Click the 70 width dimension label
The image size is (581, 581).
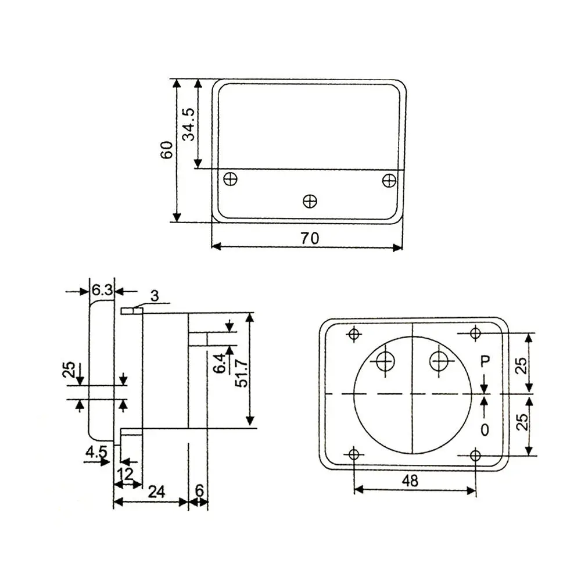pos(310,238)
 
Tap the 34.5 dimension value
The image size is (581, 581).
pos(189,124)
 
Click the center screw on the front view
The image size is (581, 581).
pos(310,202)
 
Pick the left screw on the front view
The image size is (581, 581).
pos(231,180)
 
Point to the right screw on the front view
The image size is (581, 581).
pos(389,181)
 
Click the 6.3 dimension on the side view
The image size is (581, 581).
pos(102,289)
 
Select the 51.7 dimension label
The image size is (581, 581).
pos(242,374)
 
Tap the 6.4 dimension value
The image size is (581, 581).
pos(220,363)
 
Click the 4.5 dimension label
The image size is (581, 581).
pos(96,451)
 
